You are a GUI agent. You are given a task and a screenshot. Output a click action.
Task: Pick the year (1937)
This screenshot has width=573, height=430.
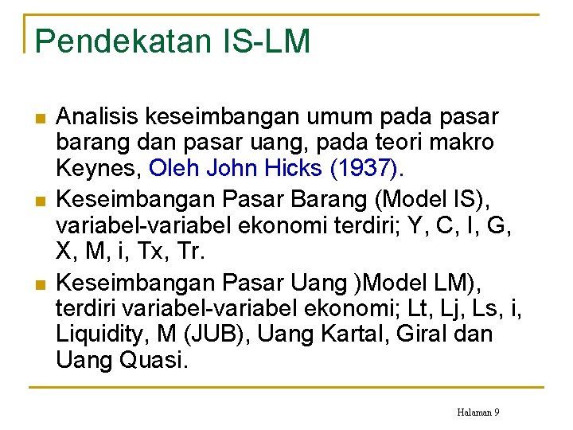point(372,169)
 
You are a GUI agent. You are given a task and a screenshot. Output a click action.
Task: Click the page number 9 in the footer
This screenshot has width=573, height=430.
point(497,412)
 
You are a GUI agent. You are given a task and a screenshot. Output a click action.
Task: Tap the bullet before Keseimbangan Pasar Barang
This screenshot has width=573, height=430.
point(41,197)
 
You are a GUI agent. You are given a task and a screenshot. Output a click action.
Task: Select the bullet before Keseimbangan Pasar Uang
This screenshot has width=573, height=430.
point(41,283)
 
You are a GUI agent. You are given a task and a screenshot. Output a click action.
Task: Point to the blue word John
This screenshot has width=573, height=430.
point(235,169)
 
